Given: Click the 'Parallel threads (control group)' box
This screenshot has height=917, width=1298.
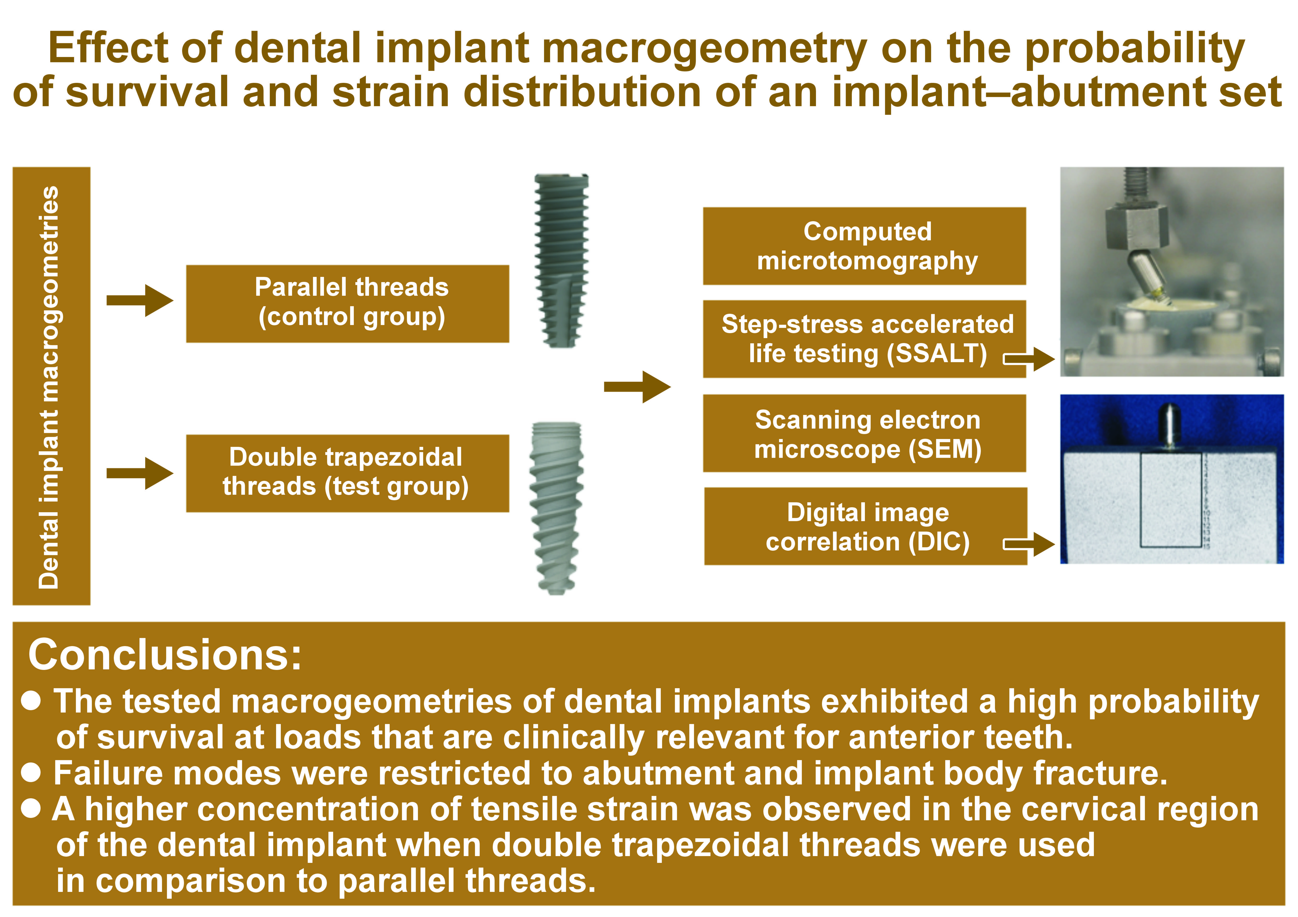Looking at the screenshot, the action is click(x=348, y=303).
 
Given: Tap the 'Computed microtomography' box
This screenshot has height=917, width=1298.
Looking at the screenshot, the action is click(x=864, y=246).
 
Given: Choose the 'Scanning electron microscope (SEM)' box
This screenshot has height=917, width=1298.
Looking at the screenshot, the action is click(x=864, y=433).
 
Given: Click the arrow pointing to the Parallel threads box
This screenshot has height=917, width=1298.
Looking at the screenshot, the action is click(x=140, y=301).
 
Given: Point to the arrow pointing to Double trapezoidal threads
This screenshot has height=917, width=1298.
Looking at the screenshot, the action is click(x=140, y=474).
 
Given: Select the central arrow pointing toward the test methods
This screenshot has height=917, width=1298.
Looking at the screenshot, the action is click(x=637, y=387).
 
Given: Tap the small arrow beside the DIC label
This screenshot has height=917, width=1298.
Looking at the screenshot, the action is click(x=1029, y=545).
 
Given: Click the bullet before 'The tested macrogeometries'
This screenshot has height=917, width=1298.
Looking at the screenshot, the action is click(x=31, y=700).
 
